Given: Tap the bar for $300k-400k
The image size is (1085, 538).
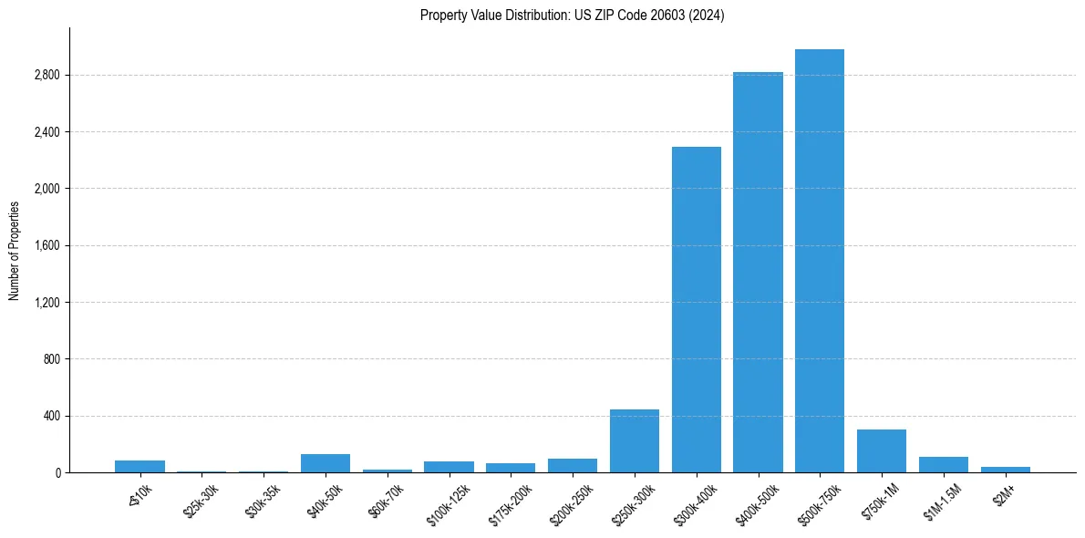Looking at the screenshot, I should point(697,309).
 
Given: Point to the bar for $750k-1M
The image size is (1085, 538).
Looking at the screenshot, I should point(882,450).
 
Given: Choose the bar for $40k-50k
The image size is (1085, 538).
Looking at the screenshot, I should point(325,463).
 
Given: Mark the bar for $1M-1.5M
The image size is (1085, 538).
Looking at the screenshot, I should point(944,465).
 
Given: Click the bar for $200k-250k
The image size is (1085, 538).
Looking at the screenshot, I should point(573,465).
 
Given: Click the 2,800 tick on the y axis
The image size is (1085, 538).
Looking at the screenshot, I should point(46,75).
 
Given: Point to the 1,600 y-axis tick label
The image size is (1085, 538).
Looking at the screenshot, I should point(46,245).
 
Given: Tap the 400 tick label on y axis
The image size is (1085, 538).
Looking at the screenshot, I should point(52,416).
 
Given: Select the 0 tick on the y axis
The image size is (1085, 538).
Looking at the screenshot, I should point(57,472).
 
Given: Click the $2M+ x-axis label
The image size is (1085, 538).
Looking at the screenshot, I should point(1006,497).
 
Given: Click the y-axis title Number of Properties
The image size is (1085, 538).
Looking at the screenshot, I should point(15,250).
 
